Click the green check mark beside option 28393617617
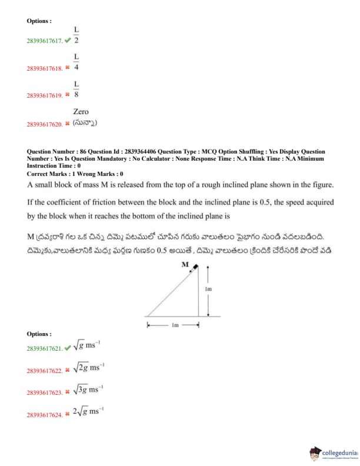tap(68, 41)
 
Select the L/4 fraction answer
tap(76, 62)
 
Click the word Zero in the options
tap(81, 111)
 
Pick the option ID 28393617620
tap(44, 124)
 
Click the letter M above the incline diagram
tap(185, 265)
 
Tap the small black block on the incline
tap(194, 268)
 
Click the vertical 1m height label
tap(208, 289)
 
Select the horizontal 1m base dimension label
tap(175, 325)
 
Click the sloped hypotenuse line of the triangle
tap(171, 291)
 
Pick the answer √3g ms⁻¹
tap(89, 390)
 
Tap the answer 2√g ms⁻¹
tap(88, 412)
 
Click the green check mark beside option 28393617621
tap(68, 348)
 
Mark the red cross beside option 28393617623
tap(68, 392)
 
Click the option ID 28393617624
tap(44, 415)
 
